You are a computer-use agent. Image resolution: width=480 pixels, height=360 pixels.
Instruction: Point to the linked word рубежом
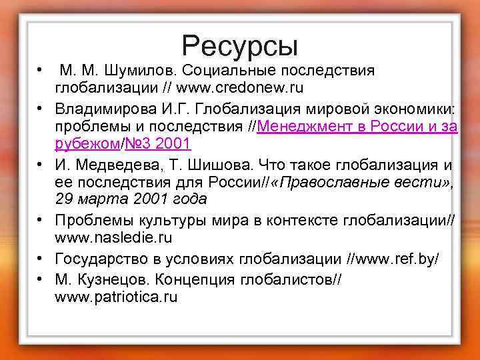[x=87, y=143]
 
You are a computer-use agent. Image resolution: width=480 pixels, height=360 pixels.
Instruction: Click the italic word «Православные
[x=333, y=182]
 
